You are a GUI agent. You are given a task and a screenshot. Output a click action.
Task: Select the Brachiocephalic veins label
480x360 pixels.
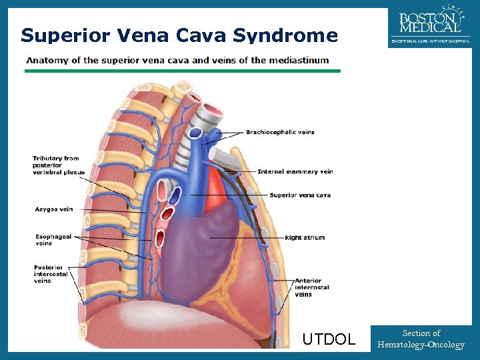coord(280,132)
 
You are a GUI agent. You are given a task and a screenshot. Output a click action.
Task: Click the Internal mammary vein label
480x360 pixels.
coord(295,171)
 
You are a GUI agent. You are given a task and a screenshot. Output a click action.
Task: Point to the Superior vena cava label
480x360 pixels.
coord(300,195)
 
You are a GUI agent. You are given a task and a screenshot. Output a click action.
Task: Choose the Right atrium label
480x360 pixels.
coord(305,237)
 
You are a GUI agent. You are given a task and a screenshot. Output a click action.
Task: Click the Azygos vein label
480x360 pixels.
coord(54,209)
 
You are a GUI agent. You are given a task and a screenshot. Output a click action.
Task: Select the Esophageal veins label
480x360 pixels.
coord(53,239)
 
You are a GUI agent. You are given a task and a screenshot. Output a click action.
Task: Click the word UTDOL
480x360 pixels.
coord(329,339)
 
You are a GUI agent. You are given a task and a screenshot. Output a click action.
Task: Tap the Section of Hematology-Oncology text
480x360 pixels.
coord(421,339)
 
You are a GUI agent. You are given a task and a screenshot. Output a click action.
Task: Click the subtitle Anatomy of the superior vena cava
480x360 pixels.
coord(177,60)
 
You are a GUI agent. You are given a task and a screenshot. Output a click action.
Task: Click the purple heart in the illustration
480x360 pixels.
coord(200,240)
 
